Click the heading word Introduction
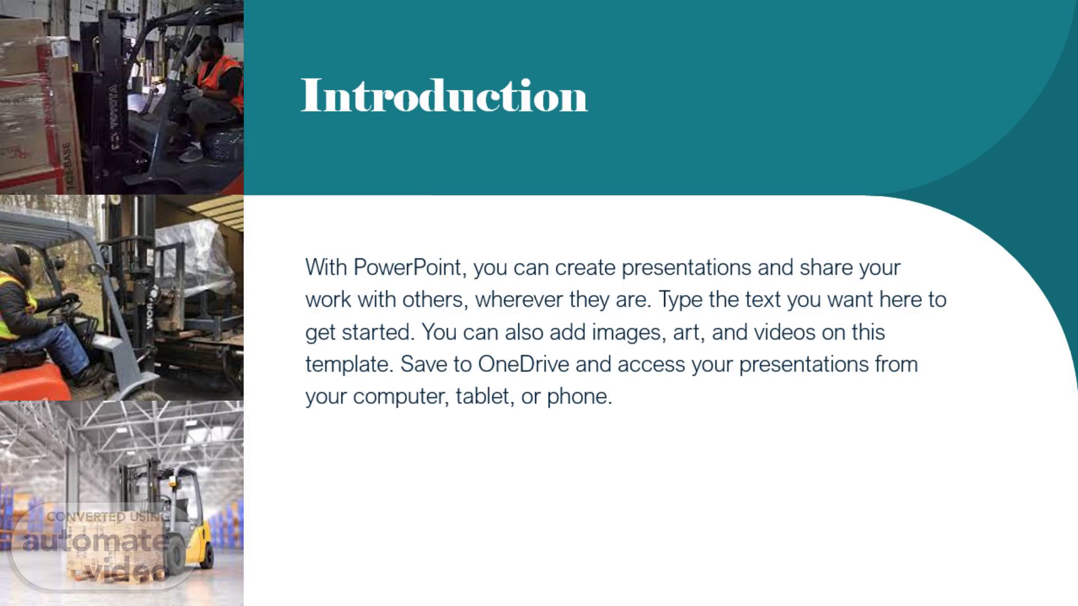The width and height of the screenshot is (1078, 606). click(444, 96)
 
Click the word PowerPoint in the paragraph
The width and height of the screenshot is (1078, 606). click(408, 268)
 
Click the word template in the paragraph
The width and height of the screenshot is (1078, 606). click(346, 365)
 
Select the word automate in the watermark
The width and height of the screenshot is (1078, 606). click(96, 541)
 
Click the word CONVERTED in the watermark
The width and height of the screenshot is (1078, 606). click(86, 517)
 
